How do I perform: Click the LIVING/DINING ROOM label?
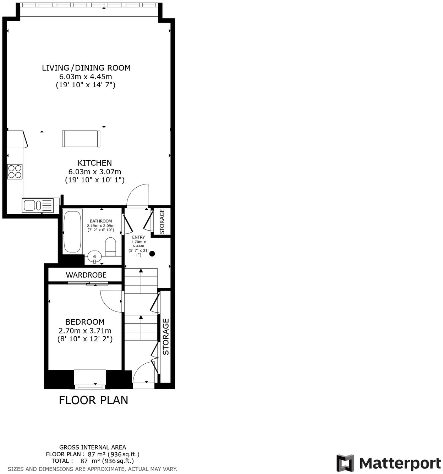[86, 68]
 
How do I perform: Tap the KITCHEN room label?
[95, 163]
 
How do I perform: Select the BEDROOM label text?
[85, 322]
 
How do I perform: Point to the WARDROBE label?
[86, 275]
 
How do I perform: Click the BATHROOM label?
[100, 221]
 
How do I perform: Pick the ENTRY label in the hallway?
[138, 237]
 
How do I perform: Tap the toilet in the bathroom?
[110, 247]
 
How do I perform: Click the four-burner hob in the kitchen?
[15, 172]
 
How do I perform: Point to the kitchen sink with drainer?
[38, 205]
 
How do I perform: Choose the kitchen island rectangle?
[81, 139]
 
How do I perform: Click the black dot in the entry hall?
[152, 254]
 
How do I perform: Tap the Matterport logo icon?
[345, 463]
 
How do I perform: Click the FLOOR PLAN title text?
[93, 400]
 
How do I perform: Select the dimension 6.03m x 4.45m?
[86, 77]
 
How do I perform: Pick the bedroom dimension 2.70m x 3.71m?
[85, 331]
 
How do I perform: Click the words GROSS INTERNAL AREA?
[92, 447]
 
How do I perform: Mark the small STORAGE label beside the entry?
[162, 221]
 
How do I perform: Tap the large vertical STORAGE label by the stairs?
[166, 337]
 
